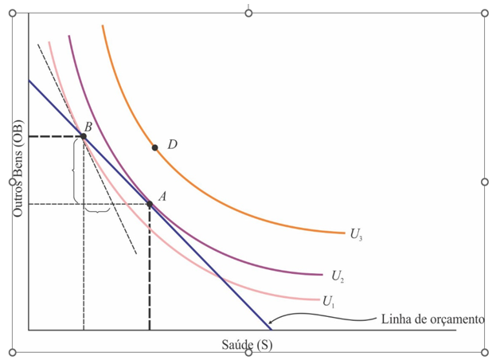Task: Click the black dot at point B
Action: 84,136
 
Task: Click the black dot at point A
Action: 150,204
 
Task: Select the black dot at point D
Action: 155,147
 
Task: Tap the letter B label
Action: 88,127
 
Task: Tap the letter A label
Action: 162,196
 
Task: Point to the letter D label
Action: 172,144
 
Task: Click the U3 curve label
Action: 356,234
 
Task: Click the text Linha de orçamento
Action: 433,319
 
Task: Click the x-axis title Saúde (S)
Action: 247,344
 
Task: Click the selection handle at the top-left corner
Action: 13,14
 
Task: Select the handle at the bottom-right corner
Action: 485,351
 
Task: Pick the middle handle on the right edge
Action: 485,182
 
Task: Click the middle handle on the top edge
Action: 248,14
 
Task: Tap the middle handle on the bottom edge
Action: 248,352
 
